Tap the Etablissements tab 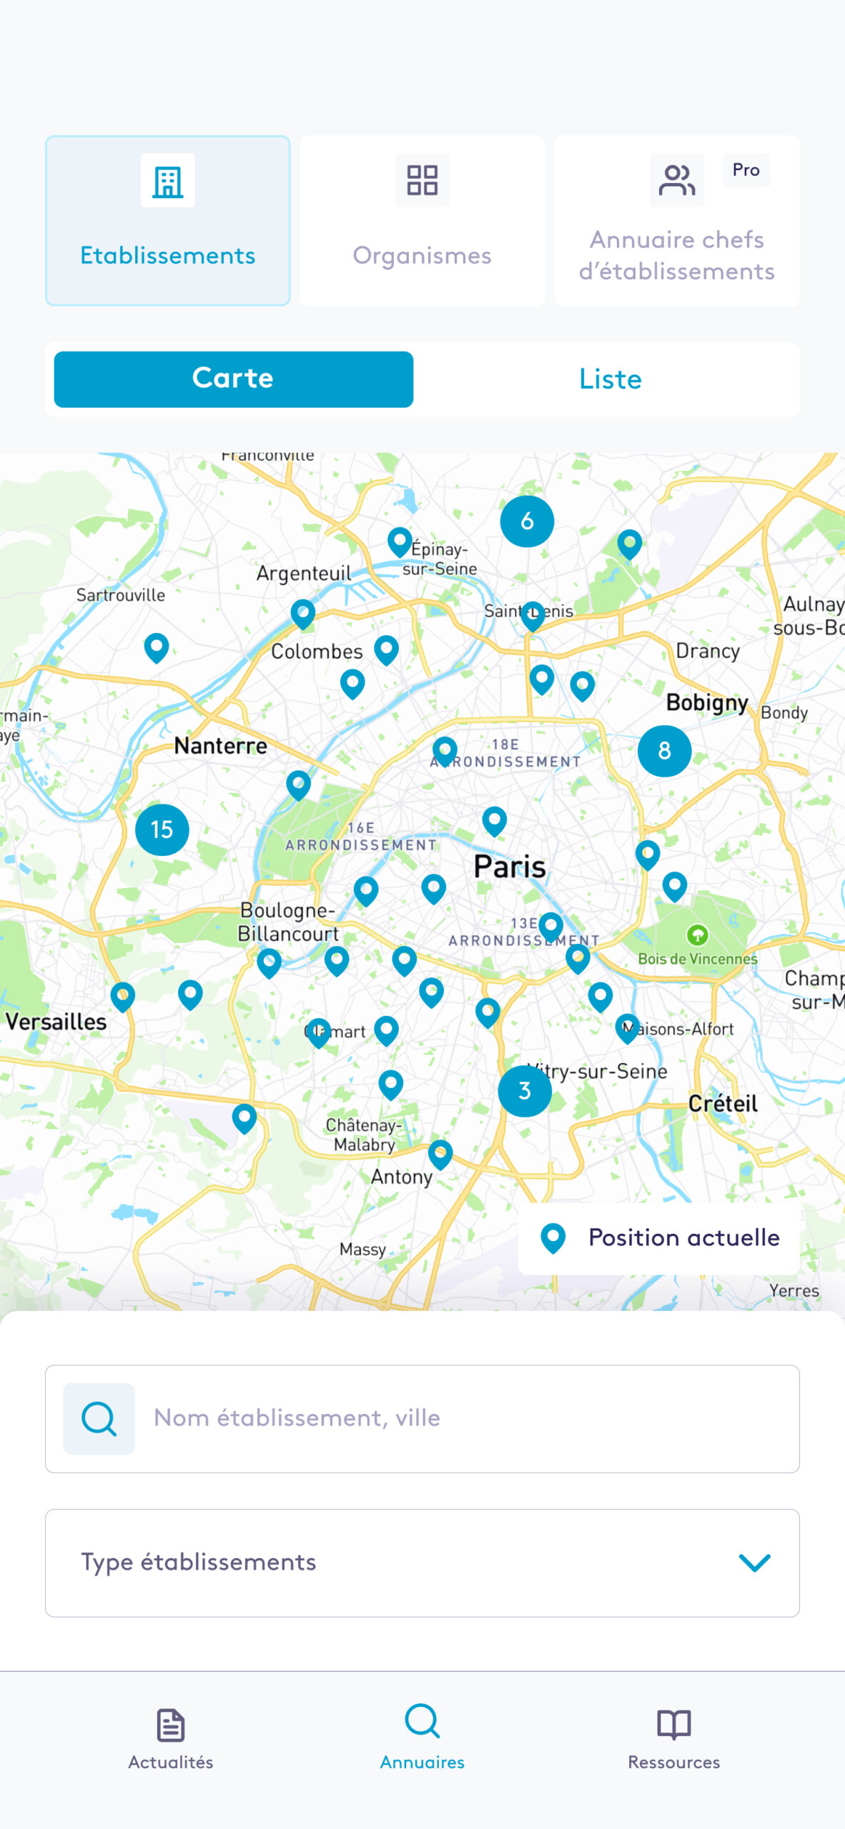[167, 221]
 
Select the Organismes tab [422, 221]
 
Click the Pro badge [746, 170]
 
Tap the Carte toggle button [233, 379]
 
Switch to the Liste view [610, 379]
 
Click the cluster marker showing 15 [162, 829]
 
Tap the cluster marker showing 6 [527, 521]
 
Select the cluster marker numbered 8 [664, 750]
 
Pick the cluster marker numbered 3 [525, 1091]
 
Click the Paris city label [509, 867]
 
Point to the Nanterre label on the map [220, 746]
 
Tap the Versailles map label [56, 1022]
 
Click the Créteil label [723, 1103]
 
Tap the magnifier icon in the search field [99, 1418]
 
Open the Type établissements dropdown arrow [754, 1563]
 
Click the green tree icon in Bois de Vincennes [697, 934]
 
